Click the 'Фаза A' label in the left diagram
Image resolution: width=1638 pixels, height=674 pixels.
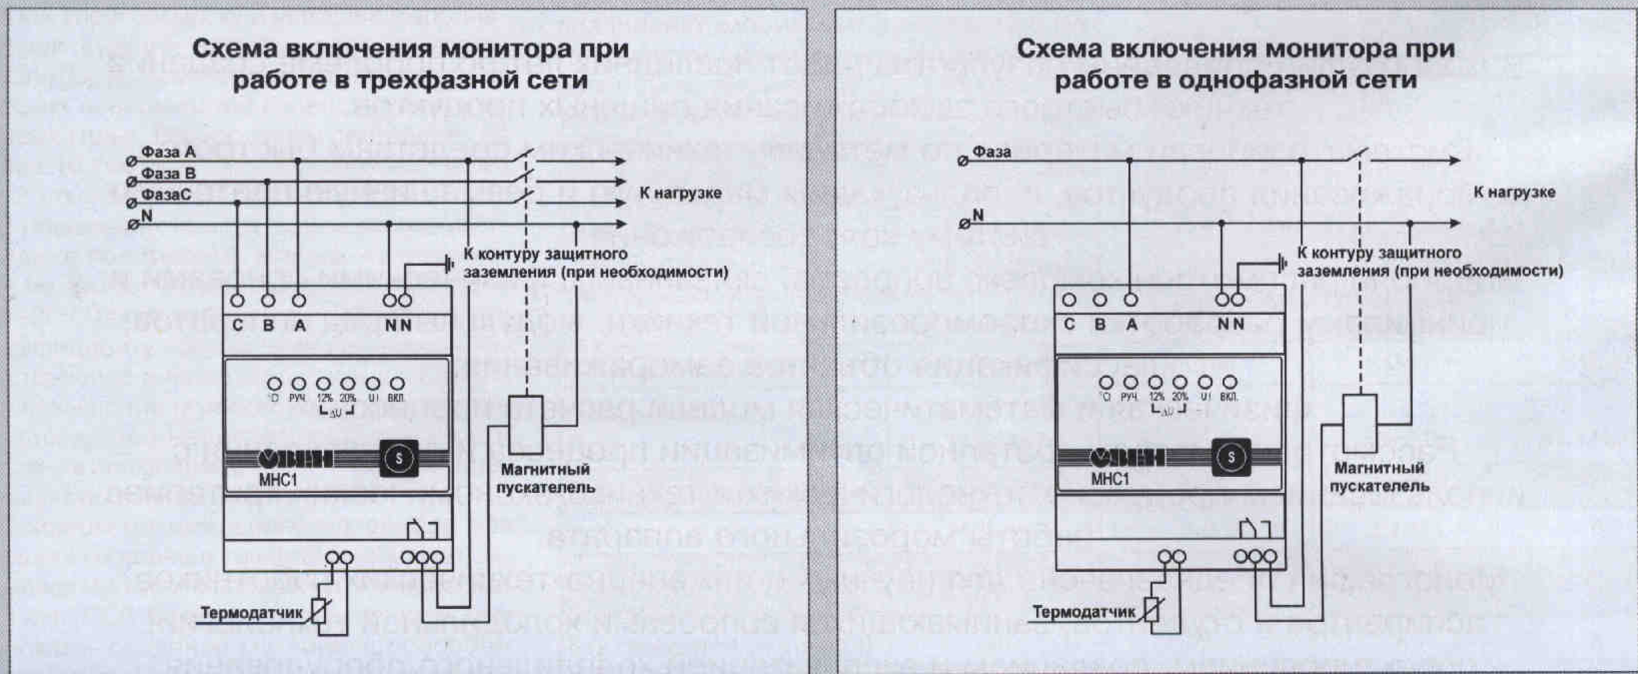coord(168,152)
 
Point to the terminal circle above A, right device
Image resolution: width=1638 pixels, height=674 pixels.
coord(1131,300)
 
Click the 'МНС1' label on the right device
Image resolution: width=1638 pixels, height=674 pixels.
coord(1110,478)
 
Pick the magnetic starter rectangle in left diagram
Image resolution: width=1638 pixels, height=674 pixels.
coord(526,424)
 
